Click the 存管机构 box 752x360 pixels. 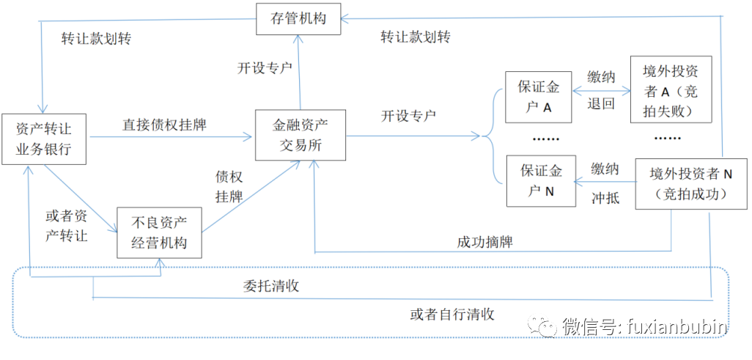(299, 18)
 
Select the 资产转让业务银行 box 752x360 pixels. (45, 139)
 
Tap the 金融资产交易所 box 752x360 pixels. (300, 135)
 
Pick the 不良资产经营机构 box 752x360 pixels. (159, 232)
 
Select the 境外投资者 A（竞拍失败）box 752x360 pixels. (671, 92)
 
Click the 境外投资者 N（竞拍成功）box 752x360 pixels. (681, 184)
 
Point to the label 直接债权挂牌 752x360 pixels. (164, 125)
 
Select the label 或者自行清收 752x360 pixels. (452, 315)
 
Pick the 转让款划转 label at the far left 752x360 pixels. (96, 39)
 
